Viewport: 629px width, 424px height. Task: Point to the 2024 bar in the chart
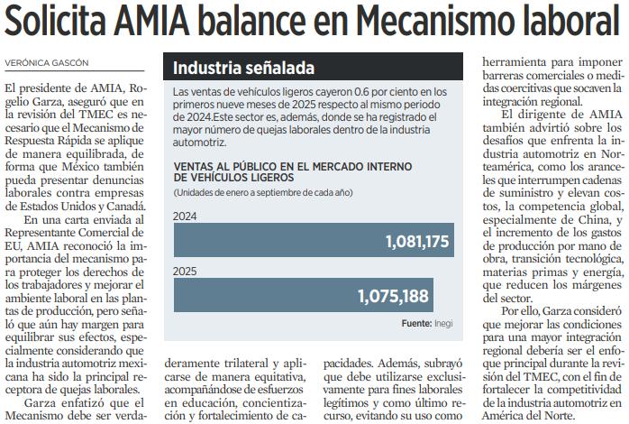[x=313, y=241]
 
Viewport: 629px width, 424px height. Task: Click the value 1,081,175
[x=416, y=242]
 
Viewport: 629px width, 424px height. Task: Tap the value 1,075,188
[x=393, y=296]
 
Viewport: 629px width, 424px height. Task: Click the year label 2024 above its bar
[x=186, y=217]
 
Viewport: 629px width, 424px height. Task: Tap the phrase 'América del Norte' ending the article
[x=527, y=416]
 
